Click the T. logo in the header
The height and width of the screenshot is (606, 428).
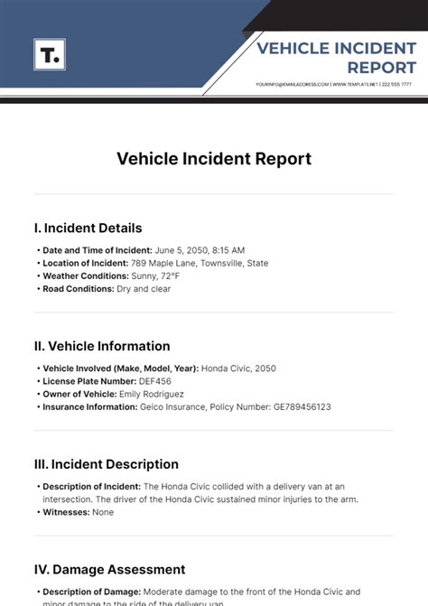pos(50,55)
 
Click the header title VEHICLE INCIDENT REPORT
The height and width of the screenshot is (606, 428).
pos(336,58)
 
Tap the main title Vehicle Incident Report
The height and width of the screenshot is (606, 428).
pos(214,159)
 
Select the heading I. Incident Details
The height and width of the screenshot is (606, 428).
pos(88,228)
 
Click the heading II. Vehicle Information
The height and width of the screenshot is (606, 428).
pos(102,346)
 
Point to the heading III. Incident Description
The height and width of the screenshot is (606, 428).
pos(106,464)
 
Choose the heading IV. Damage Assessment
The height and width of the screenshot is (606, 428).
pos(109,570)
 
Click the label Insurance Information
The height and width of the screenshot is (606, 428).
pos(89,407)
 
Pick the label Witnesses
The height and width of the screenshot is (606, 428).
pos(67,512)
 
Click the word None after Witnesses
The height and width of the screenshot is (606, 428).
pos(104,512)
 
